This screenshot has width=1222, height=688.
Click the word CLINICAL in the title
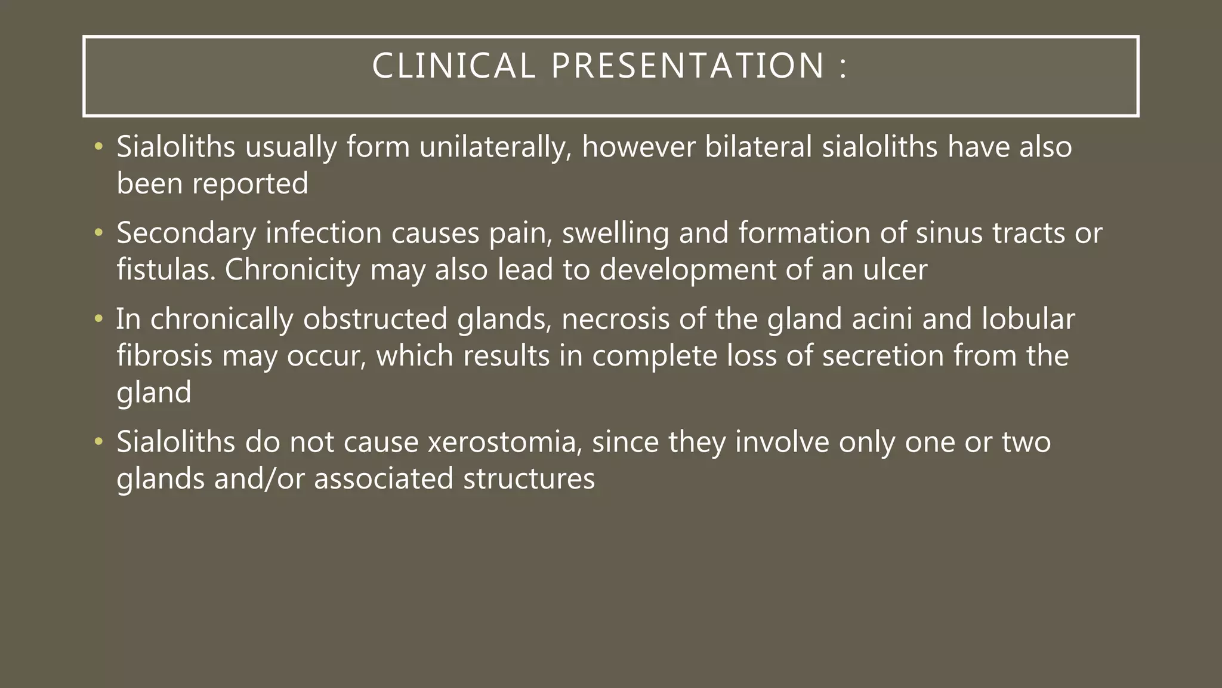pyautogui.click(x=453, y=66)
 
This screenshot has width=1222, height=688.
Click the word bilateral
pyautogui.click(x=758, y=147)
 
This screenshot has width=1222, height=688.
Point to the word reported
pyautogui.click(x=250, y=184)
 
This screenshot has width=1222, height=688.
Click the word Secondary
pyautogui.click(x=186, y=233)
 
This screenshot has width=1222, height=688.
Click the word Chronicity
pyautogui.click(x=292, y=269)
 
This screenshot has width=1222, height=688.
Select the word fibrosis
pyautogui.click(x=164, y=356)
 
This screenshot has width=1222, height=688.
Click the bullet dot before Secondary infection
pyautogui.click(x=98, y=233)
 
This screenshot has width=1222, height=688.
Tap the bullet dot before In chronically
pyautogui.click(x=98, y=319)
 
